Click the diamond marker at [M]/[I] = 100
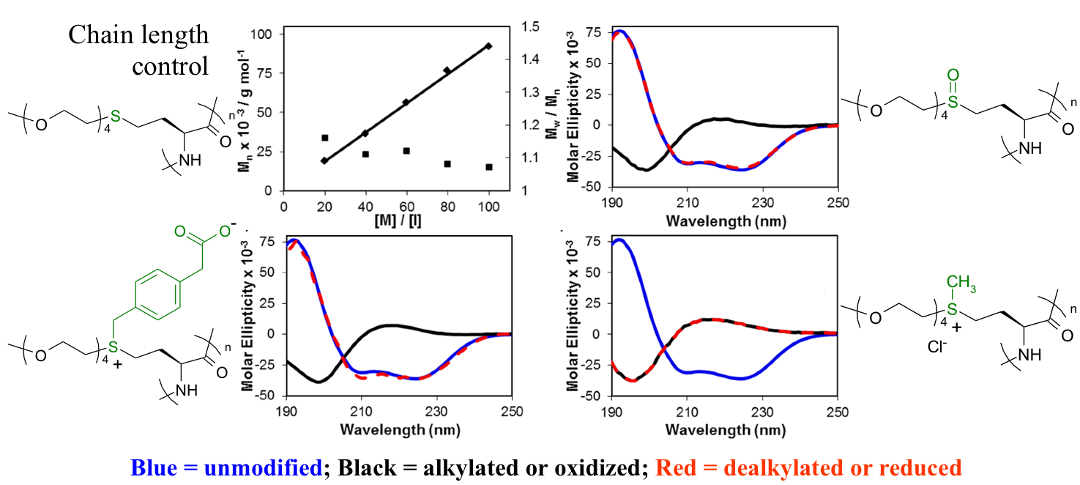488,46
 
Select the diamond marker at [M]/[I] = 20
324,160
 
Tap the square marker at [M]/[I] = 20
324,138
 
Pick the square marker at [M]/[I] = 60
406,151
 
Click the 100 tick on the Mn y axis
261,34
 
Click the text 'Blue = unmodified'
226,467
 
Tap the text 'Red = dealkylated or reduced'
808,467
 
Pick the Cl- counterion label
937,348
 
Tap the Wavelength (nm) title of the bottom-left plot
400,430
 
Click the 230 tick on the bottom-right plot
762,412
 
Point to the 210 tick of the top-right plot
686,203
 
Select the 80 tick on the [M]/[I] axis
447,207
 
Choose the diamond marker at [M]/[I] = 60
406,103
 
